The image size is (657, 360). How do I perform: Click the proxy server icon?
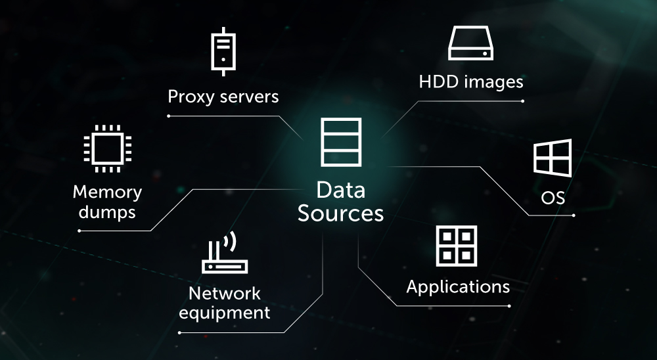pyautogui.click(x=223, y=51)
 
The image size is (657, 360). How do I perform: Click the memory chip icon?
pyautogui.click(x=107, y=148)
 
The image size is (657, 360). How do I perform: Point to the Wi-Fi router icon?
pyautogui.click(x=224, y=253)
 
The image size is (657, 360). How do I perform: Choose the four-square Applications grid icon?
pyautogui.click(x=457, y=246)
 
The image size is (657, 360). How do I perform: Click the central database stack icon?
pyautogui.click(x=340, y=141)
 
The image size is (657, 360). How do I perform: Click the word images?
pyautogui.click(x=493, y=83)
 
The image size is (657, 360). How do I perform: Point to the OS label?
pyautogui.click(x=553, y=198)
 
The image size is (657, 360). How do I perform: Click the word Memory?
pyautogui.click(x=107, y=192)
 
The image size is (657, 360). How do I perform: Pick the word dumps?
pyautogui.click(x=107, y=212)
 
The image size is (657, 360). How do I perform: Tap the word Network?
pyautogui.click(x=225, y=293)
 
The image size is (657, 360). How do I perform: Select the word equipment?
pyautogui.click(x=225, y=313)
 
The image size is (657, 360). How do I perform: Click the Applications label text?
pyautogui.click(x=458, y=287)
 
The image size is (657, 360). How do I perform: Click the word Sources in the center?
pyautogui.click(x=340, y=214)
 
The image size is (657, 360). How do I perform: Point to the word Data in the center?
pyautogui.click(x=340, y=191)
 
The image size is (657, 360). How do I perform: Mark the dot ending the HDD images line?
pyautogui.click(x=522, y=101)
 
